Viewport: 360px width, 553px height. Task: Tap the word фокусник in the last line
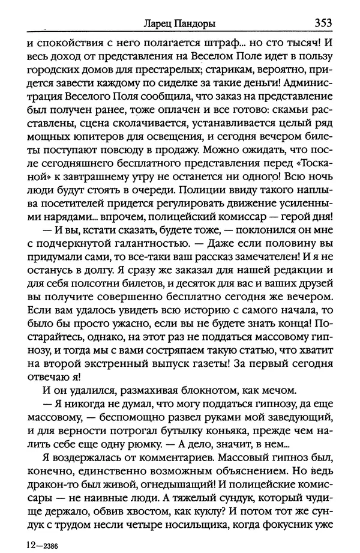(295, 534)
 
